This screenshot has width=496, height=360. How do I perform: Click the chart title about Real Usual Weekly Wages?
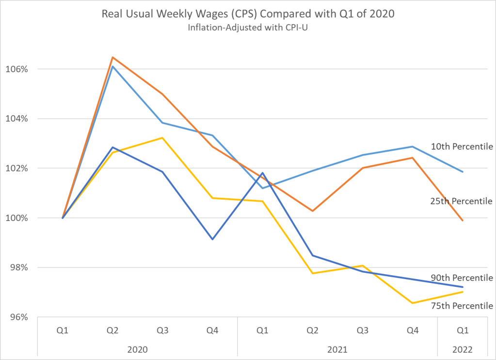pyautogui.click(x=248, y=14)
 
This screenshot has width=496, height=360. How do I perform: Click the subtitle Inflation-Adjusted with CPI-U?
pyautogui.click(x=248, y=28)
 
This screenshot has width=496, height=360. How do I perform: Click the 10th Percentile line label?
pyautogui.click(x=462, y=146)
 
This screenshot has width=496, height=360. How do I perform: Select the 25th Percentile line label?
pyautogui.click(x=462, y=201)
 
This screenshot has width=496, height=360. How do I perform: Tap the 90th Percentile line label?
pyautogui.click(x=462, y=278)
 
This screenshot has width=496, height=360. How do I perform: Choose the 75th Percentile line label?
pyautogui.click(x=462, y=306)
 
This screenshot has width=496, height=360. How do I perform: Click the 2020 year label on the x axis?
pyautogui.click(x=138, y=348)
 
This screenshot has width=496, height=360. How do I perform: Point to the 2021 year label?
pyautogui.click(x=337, y=348)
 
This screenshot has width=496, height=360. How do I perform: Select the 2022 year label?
pyautogui.click(x=463, y=348)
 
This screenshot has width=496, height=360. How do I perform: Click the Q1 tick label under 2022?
pyautogui.click(x=463, y=330)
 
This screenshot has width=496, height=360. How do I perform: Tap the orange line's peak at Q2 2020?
pyautogui.click(x=113, y=57)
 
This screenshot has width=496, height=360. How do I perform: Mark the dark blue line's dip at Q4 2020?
pyautogui.click(x=212, y=239)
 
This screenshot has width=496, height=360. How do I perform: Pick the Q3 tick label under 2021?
pyautogui.click(x=363, y=330)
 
